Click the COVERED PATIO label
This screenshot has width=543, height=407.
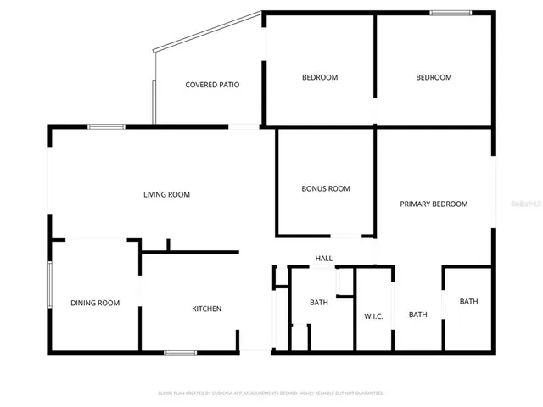(212, 85)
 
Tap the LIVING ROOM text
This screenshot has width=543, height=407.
(166, 194)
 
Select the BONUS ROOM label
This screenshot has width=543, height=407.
(326, 188)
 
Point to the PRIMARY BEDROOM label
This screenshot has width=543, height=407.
(434, 203)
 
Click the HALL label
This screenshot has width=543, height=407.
(323, 259)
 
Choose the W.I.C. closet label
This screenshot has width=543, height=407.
(374, 316)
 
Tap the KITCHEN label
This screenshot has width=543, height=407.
(206, 309)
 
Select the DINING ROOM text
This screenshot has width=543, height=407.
(95, 303)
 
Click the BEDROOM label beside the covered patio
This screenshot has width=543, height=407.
(320, 77)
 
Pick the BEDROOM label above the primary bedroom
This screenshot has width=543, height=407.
(434, 77)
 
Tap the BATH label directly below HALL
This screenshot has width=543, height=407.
(319, 303)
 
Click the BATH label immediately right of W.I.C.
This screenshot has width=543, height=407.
(418, 315)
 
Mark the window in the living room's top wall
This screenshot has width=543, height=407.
(107, 127)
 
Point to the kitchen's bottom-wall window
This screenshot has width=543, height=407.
(181, 352)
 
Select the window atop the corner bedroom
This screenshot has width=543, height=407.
(451, 13)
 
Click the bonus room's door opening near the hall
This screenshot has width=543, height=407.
(345, 236)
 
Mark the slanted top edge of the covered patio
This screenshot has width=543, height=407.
(208, 30)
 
